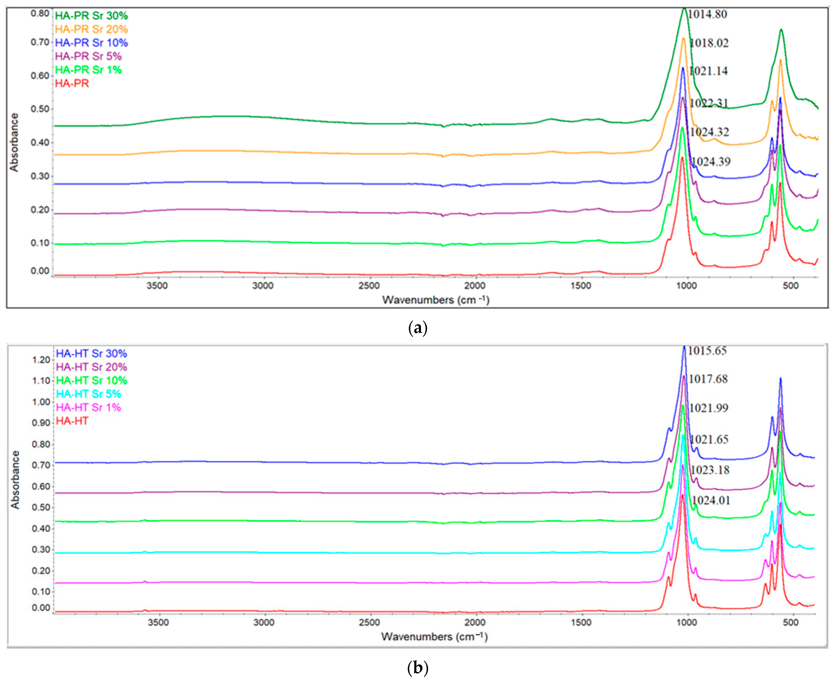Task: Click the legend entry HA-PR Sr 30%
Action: coord(91,16)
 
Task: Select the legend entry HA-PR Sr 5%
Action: coord(88,56)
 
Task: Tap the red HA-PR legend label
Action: coord(72,83)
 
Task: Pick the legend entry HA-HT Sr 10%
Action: coord(91,380)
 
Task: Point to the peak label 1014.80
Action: coord(707,14)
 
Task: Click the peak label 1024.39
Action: coord(710,162)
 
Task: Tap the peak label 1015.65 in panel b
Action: coord(707,350)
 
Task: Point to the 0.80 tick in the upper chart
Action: coord(40,13)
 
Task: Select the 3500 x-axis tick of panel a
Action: coord(157,286)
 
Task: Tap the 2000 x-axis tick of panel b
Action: coord(475,622)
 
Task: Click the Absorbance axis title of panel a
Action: coord(14,142)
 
